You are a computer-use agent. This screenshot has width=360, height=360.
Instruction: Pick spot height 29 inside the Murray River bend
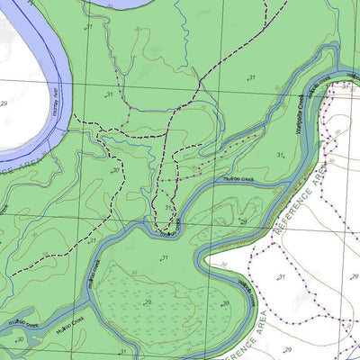pyautogui.click(x=4, y=104)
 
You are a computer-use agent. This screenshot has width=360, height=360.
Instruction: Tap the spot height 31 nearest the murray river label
pyautogui.click(x=109, y=94)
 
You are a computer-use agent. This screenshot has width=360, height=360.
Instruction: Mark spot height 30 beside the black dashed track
pyautogui.click(x=115, y=169)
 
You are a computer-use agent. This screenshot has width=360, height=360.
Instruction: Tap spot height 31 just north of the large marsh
pyautogui.click(x=164, y=258)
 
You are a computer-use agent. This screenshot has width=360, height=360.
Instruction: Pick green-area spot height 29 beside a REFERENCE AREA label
pyautogui.click(x=242, y=220)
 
